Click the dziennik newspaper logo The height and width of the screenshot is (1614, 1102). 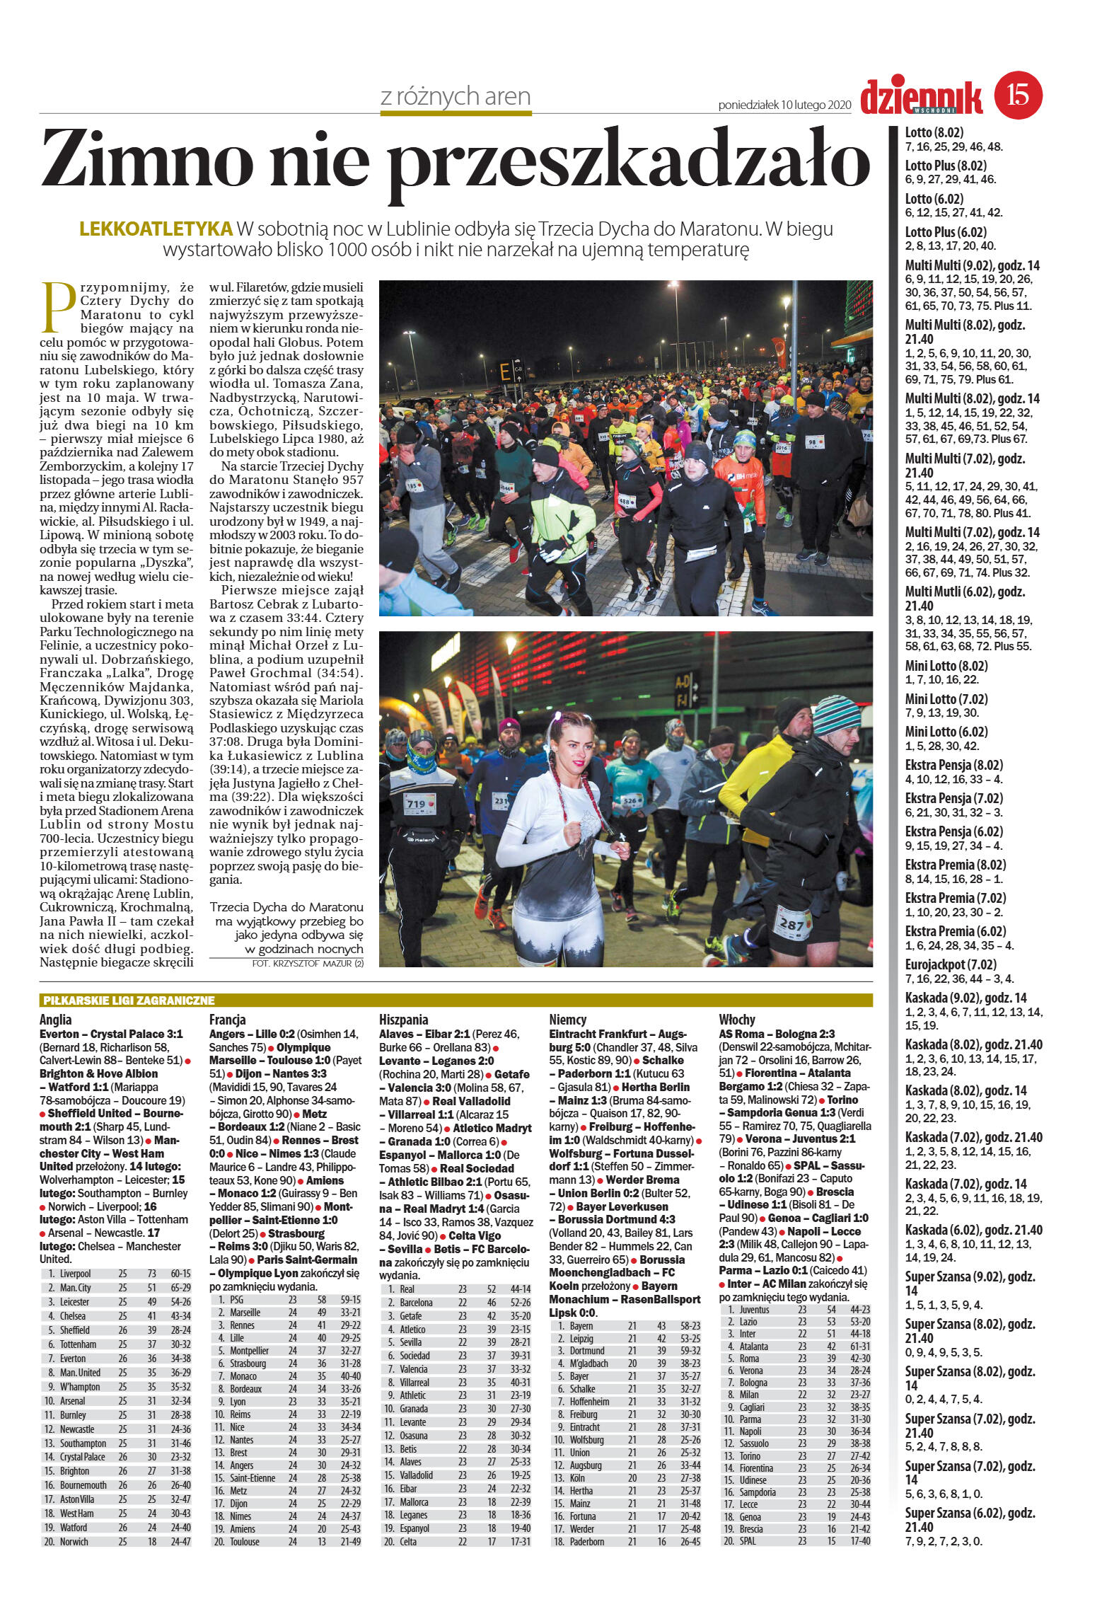pyautogui.click(x=922, y=97)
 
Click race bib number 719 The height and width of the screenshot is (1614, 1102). pyautogui.click(x=416, y=803)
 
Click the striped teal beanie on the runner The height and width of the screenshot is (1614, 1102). pyautogui.click(x=835, y=715)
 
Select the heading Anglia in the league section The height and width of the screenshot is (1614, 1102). pyautogui.click(x=57, y=1020)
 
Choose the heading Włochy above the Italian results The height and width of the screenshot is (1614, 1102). pyautogui.click(x=737, y=1020)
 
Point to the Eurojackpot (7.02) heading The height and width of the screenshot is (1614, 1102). pyautogui.click(x=951, y=964)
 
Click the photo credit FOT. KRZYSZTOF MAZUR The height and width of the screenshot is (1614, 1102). pyautogui.click(x=307, y=964)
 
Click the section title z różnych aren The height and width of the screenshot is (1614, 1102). pyautogui.click(x=455, y=97)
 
